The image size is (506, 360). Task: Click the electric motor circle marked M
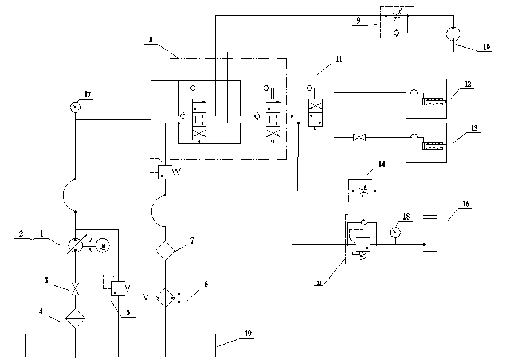coord(104,245)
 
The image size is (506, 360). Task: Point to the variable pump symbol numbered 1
coord(76,245)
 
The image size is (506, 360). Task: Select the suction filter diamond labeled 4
coord(76,317)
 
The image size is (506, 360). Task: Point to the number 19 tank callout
coord(248,333)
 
